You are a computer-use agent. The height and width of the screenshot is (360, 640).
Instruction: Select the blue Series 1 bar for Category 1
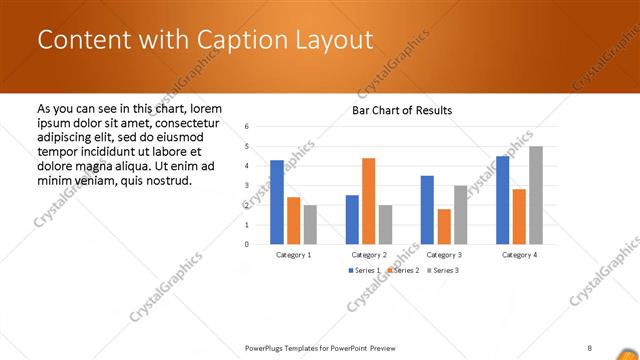pyautogui.click(x=277, y=202)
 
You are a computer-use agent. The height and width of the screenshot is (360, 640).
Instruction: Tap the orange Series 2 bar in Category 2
pyautogui.click(x=369, y=201)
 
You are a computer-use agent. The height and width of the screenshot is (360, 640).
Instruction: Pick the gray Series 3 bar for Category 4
pyautogui.click(x=536, y=195)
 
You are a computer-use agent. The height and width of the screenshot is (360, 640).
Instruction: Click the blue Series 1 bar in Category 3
pyautogui.click(x=427, y=210)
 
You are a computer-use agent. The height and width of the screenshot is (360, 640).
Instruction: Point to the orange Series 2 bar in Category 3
pyautogui.click(x=444, y=226)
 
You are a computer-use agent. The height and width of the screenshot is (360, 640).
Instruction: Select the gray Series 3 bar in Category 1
pyautogui.click(x=310, y=224)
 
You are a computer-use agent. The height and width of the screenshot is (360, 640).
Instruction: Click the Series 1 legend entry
pyautogui.click(x=363, y=271)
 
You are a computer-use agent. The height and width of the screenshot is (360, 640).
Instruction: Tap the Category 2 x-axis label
pyautogui.click(x=369, y=255)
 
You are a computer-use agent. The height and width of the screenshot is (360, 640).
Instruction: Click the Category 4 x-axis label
pyautogui.click(x=519, y=255)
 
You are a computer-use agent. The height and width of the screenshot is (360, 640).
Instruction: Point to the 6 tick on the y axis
pyautogui.click(x=247, y=127)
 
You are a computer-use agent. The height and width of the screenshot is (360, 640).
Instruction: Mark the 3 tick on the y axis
pyautogui.click(x=247, y=185)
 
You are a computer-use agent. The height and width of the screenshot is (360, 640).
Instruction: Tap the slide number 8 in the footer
pyautogui.click(x=590, y=347)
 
